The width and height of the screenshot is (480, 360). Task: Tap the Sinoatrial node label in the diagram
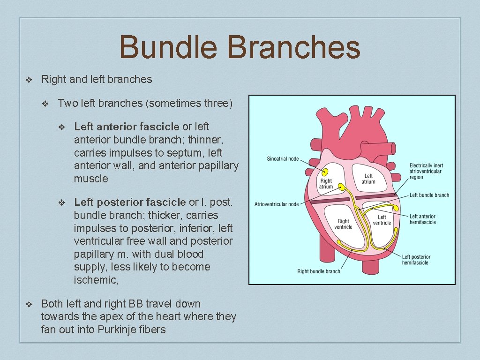point(283,159)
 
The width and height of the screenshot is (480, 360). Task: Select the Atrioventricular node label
point(277,204)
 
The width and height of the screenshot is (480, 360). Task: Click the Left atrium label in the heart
point(368,179)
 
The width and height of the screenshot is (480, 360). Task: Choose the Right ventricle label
point(343,224)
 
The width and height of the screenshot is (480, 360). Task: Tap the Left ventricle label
point(382,220)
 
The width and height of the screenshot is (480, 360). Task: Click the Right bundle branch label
point(319,271)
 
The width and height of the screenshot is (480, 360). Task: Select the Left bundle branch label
point(429,195)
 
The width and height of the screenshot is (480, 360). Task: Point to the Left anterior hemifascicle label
point(422,219)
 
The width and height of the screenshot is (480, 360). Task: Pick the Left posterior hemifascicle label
point(416,260)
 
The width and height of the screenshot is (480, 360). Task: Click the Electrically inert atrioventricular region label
point(426,171)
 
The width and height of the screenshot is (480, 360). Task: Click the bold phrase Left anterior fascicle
point(127,127)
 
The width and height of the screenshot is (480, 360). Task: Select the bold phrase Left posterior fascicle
point(130,202)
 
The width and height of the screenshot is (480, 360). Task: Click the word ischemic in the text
point(95,280)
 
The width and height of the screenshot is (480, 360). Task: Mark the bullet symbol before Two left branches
point(45,104)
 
